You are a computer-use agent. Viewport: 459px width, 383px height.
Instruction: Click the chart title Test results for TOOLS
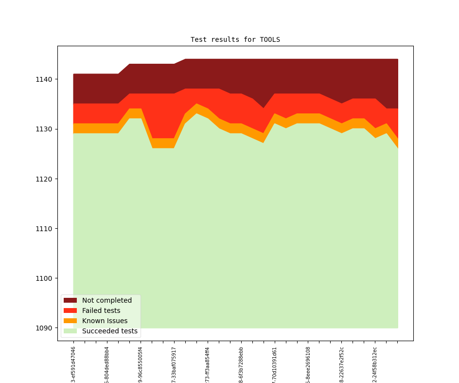click(235, 39)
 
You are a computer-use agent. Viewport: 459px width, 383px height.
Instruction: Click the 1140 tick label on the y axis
click(45, 79)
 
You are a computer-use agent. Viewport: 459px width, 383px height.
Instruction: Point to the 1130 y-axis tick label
click(45, 129)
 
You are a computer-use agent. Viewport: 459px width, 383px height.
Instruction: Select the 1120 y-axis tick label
click(45, 179)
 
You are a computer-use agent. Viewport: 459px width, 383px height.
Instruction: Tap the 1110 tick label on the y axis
click(45, 229)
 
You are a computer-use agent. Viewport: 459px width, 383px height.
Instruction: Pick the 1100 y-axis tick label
click(45, 278)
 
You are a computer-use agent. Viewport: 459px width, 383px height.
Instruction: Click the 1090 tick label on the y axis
click(45, 328)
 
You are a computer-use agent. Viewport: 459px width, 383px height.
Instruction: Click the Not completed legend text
click(107, 301)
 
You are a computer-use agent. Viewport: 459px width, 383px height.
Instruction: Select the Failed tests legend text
click(101, 311)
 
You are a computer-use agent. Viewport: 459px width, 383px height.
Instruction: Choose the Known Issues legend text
click(105, 321)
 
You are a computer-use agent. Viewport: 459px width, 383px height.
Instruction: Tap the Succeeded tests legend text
click(110, 331)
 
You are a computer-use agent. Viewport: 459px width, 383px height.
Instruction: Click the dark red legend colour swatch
click(71, 301)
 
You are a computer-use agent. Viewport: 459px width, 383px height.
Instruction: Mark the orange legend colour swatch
click(71, 321)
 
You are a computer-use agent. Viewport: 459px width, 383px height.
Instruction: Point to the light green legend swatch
click(71, 331)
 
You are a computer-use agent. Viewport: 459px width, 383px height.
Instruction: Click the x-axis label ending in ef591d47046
click(73, 364)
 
